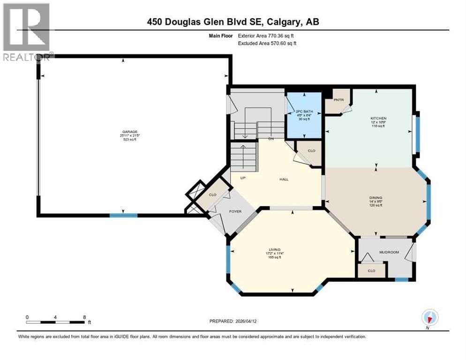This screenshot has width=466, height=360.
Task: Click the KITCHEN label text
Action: [378, 118]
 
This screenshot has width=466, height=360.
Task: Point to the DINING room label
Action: [376, 198]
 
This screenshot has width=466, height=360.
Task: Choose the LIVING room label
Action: [273, 250]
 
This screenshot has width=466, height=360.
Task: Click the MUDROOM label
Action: [389, 252]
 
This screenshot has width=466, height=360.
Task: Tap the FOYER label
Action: [235, 211]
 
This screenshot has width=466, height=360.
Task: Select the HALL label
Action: [284, 179]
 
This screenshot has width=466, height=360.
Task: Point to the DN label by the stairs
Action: [271, 139]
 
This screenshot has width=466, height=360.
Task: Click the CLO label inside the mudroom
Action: [371, 270]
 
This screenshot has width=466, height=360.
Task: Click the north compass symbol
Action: [429, 318]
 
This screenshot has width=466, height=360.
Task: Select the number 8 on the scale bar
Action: [83, 317]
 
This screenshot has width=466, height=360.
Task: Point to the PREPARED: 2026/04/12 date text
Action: [233, 321]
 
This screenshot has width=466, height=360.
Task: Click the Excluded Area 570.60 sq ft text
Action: [268, 43]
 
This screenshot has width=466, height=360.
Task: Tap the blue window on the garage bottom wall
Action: [123, 215]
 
